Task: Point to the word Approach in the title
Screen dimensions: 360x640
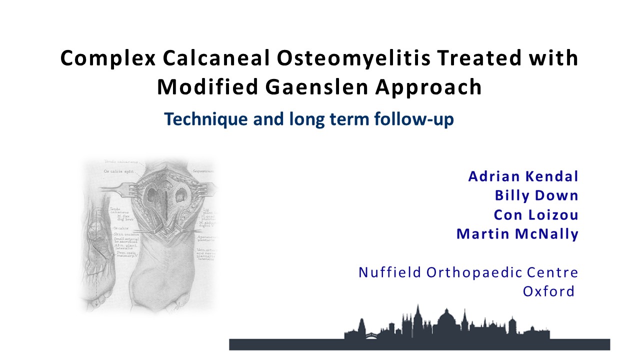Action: tap(431, 87)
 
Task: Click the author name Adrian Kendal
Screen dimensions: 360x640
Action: tap(523, 176)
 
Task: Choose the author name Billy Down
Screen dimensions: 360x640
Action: tap(536, 195)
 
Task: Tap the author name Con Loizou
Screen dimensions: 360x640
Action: tap(536, 214)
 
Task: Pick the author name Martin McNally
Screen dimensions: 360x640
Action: tap(517, 233)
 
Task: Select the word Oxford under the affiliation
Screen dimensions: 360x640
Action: tap(548, 291)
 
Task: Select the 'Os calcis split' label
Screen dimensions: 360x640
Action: tap(117, 171)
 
